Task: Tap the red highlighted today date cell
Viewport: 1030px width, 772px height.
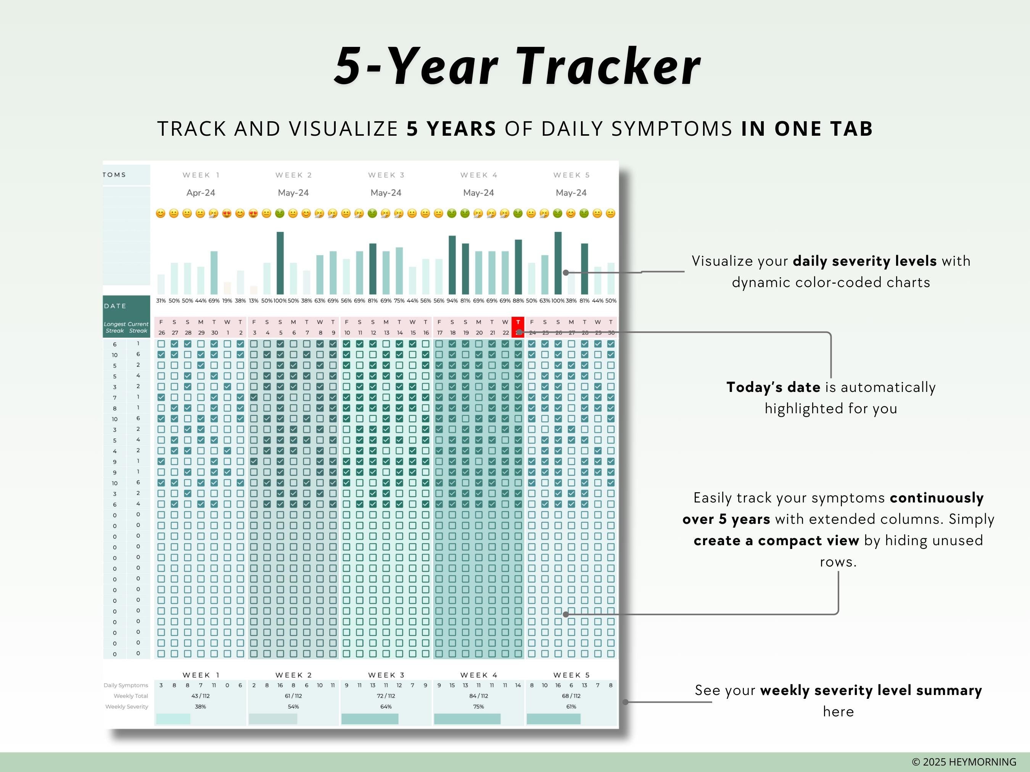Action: click(518, 327)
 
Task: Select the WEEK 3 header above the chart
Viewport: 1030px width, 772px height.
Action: click(386, 175)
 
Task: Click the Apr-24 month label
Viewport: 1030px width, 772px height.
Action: click(201, 193)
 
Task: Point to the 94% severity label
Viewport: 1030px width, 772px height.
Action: click(452, 301)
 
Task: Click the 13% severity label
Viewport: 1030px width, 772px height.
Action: click(253, 301)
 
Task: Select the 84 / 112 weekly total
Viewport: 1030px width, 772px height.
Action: click(478, 696)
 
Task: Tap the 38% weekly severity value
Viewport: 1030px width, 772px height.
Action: click(200, 707)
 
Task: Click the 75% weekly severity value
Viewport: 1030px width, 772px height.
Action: click(478, 707)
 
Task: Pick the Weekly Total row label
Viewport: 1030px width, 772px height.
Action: click(130, 696)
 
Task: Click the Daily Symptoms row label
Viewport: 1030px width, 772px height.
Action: click(126, 685)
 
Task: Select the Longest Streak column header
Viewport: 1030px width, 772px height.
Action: click(114, 327)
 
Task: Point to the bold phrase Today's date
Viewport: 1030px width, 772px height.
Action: click(773, 387)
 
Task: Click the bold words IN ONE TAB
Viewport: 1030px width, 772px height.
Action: click(806, 129)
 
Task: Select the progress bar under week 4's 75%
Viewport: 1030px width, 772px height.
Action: click(467, 719)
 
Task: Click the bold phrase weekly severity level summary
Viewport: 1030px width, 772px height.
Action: click(871, 690)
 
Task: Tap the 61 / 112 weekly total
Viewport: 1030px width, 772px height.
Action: click(293, 696)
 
